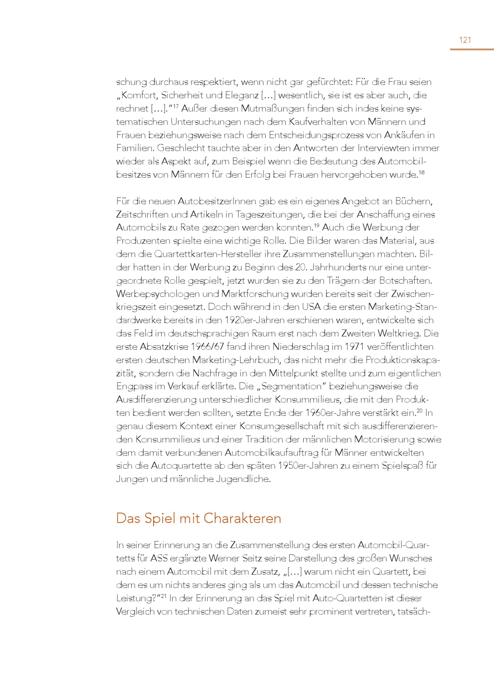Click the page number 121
(465, 40)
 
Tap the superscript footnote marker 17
(176, 106)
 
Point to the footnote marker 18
(421, 173)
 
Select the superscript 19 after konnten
(316, 225)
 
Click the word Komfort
(138, 96)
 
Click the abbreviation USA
(311, 307)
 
